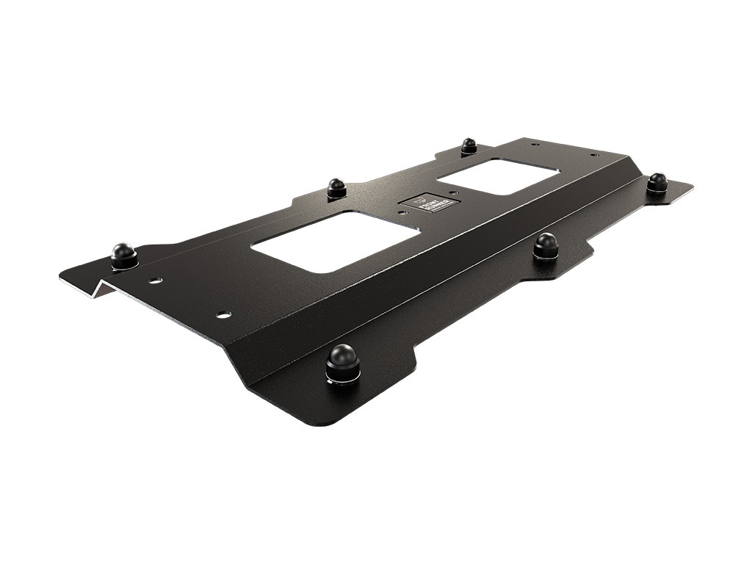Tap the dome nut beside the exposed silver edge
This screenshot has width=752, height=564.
pyautogui.click(x=124, y=255)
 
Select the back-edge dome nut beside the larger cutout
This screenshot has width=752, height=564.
pyautogui.click(x=336, y=188)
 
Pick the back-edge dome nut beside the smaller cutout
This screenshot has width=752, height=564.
pyautogui.click(x=469, y=145)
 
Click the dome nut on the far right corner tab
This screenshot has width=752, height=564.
pyautogui.click(x=657, y=181)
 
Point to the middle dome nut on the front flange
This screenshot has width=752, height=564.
pyautogui.click(x=546, y=245)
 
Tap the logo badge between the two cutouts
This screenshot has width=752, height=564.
pyautogui.click(x=429, y=202)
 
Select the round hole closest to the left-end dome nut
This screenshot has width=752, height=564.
pyautogui.click(x=156, y=281)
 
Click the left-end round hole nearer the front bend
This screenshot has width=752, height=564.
pyautogui.click(x=223, y=314)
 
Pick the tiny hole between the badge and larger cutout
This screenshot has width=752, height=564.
pyautogui.click(x=401, y=213)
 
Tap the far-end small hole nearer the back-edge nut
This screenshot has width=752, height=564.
pyautogui.click(x=535, y=144)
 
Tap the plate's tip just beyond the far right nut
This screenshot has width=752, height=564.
pyautogui.click(x=690, y=187)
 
